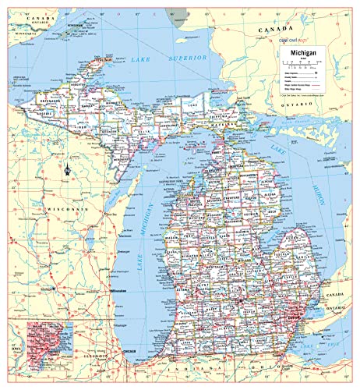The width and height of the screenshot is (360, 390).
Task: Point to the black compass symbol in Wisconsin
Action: pos(69,167)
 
